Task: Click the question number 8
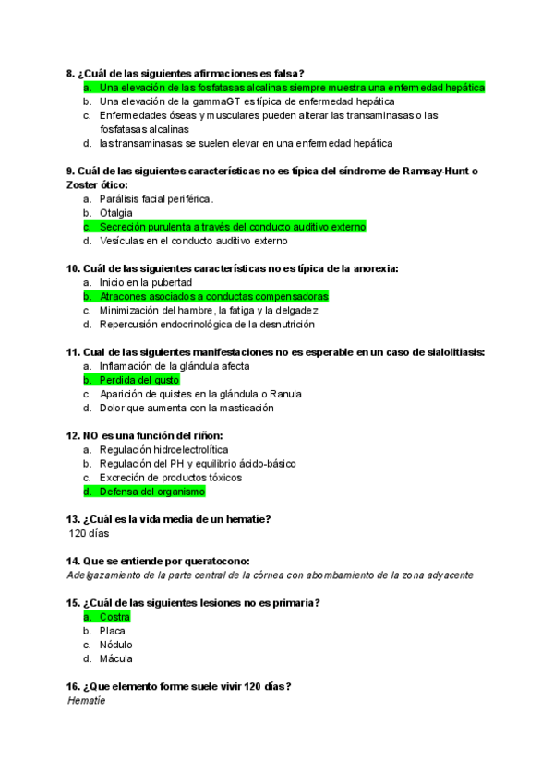coord(71,73)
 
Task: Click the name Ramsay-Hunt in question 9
coord(429,172)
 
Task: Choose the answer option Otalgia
coord(116,213)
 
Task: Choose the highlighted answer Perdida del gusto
coord(139,380)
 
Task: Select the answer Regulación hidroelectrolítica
coord(163,449)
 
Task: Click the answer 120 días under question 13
coord(90,533)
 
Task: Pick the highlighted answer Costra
coord(114,617)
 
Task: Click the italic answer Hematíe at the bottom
coord(87,701)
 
